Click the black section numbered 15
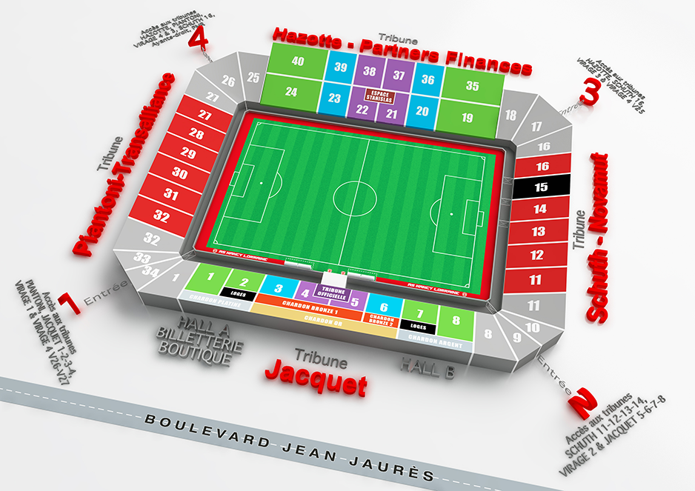click(542, 187)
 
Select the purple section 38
click(369, 72)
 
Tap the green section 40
click(298, 61)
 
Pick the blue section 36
click(428, 79)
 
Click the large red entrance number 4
click(198, 37)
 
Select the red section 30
click(180, 173)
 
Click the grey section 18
click(510, 115)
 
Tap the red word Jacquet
click(316, 378)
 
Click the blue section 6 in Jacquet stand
click(383, 307)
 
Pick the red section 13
click(539, 232)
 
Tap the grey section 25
click(253, 77)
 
